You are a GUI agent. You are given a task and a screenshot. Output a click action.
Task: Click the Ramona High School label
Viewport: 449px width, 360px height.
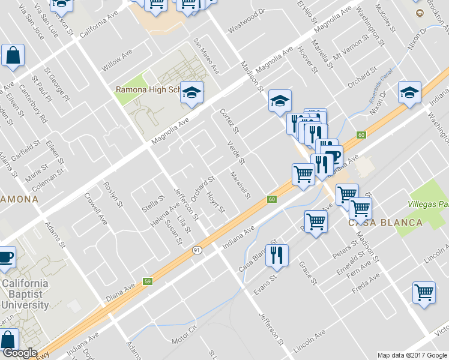(148, 90)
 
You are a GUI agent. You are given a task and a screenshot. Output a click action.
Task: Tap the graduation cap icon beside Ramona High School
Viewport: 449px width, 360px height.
(191, 92)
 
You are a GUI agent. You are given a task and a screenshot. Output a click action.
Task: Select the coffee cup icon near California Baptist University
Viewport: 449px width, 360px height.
(5, 257)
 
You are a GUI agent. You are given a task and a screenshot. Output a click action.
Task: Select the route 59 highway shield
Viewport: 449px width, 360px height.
(147, 281)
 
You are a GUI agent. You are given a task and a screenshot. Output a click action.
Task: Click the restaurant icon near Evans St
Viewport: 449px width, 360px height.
(277, 254)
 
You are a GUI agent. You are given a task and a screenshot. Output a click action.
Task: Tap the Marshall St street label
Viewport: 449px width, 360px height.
(240, 185)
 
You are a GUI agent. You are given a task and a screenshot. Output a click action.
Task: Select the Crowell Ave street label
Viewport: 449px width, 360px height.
(96, 208)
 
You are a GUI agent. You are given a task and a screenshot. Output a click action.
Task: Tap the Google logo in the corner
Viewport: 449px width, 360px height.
(19, 353)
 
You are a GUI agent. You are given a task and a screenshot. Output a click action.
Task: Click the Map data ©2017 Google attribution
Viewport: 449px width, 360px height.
(412, 355)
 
